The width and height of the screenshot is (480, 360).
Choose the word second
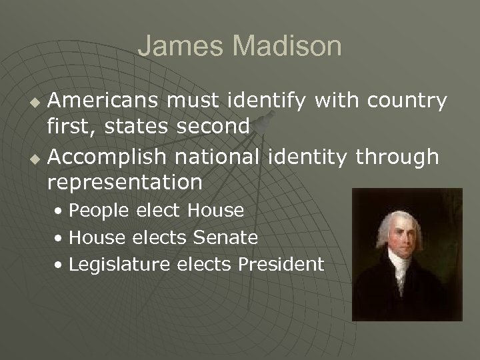211,125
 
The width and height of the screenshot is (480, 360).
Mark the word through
397,157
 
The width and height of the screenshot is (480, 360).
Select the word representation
125,181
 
